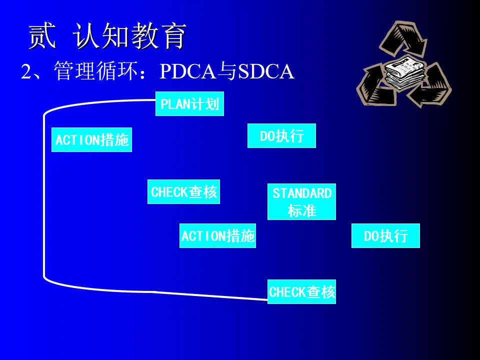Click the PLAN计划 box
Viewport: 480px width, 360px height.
click(189, 104)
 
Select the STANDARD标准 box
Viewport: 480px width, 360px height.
click(301, 202)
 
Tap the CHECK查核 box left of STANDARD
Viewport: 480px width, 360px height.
click(183, 192)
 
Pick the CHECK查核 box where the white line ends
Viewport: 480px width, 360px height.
click(301, 292)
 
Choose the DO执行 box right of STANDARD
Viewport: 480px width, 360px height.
click(385, 236)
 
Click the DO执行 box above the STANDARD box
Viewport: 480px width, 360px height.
click(281, 136)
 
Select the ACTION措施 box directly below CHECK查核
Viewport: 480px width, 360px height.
click(217, 236)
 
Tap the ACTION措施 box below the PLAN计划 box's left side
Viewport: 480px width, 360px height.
click(91, 140)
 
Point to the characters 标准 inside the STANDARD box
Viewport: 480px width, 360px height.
click(302, 210)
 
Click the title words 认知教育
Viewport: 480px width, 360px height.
click(129, 36)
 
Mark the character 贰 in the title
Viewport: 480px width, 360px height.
click(42, 36)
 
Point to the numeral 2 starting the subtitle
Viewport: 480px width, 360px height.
click(26, 72)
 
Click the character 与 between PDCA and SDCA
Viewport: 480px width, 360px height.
click(227, 72)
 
